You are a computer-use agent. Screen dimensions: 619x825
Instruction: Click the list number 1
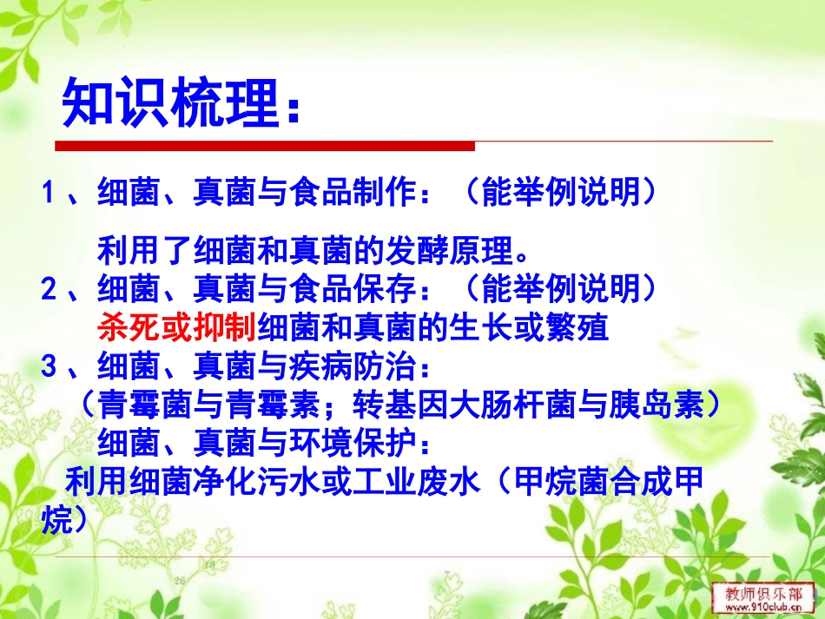click(x=49, y=192)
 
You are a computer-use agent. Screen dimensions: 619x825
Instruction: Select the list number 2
click(x=49, y=286)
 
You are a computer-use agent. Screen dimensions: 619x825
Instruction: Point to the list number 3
click(x=49, y=367)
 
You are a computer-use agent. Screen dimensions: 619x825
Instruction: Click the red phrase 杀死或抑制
click(x=176, y=327)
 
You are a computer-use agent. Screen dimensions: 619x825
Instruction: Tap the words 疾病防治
click(x=353, y=367)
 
